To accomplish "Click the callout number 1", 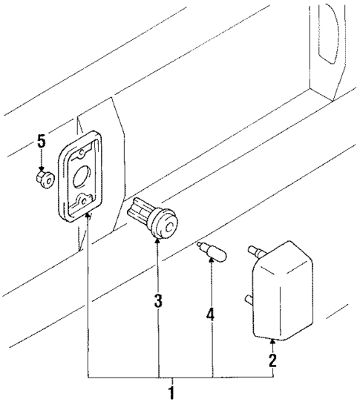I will pos(171,392).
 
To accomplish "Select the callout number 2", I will pos(272,361).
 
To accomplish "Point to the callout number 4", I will pos(210,314).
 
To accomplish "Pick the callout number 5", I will pos(42,140).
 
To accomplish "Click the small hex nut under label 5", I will pos(44,179).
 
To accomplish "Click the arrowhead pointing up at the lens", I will pos(273,342).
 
